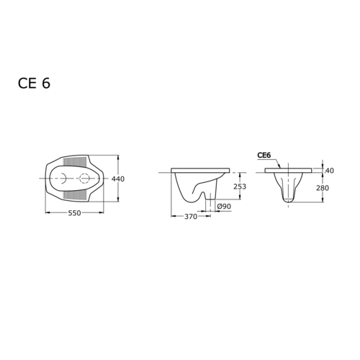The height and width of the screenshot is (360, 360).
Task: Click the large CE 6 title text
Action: tap(34, 84)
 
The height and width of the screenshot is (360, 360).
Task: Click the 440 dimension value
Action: tap(118, 179)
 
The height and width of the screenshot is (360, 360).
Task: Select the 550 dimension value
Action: tap(74, 213)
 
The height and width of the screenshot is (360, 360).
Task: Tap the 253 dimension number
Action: tap(240, 186)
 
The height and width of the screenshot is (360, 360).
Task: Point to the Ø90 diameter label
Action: tap(224, 206)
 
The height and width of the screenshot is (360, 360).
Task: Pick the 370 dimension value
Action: tap(191, 217)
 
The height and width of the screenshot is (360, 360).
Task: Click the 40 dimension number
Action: tap(330, 171)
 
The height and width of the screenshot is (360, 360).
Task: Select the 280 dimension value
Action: tap(323, 188)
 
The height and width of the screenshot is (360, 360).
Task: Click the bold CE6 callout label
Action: tap(264, 156)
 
